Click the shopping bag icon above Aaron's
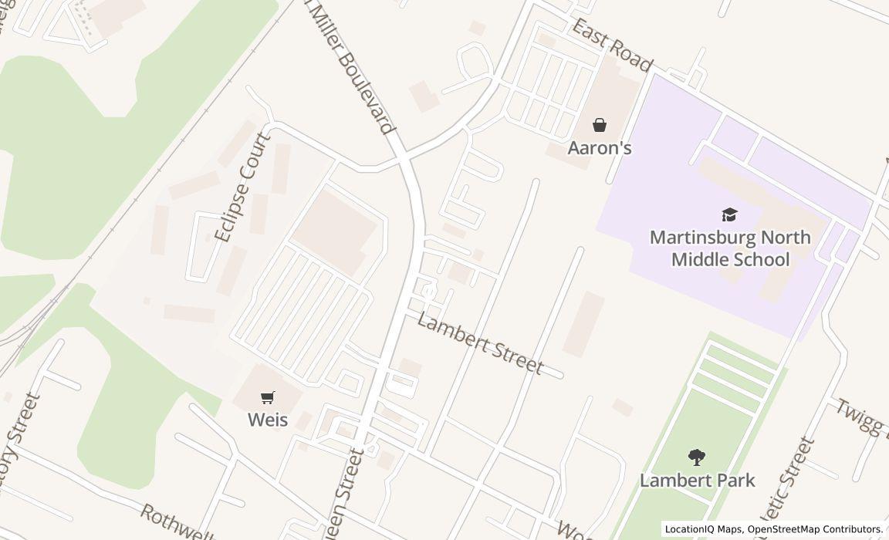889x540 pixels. (600, 124)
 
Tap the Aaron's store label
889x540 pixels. (600, 147)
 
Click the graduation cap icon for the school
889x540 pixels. (729, 214)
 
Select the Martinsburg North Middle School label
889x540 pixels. (730, 248)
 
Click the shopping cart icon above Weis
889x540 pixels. (267, 397)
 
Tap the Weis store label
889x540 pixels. (267, 420)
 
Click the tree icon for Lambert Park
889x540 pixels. (697, 457)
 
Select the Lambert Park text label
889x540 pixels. (697, 480)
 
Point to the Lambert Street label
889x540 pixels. (479, 343)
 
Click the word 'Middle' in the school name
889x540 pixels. (701, 259)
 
